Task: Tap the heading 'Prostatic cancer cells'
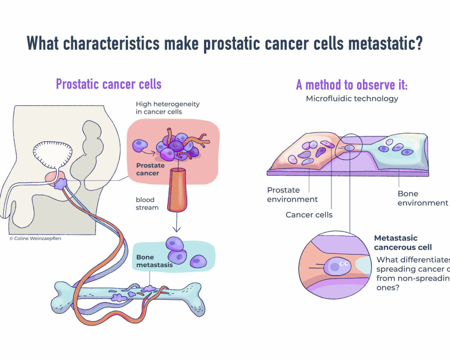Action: coord(108,84)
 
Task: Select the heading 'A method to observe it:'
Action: coord(351,85)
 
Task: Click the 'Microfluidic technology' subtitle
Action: coord(352,99)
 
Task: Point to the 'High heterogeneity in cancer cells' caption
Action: coord(167,108)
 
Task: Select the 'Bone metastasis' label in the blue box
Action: coord(154,261)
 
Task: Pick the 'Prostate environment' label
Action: coord(292,194)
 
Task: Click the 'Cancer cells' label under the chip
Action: coord(309,215)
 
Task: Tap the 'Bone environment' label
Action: coord(422,198)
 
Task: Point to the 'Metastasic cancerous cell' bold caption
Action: coord(403,243)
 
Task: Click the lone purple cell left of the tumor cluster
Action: coord(140,145)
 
